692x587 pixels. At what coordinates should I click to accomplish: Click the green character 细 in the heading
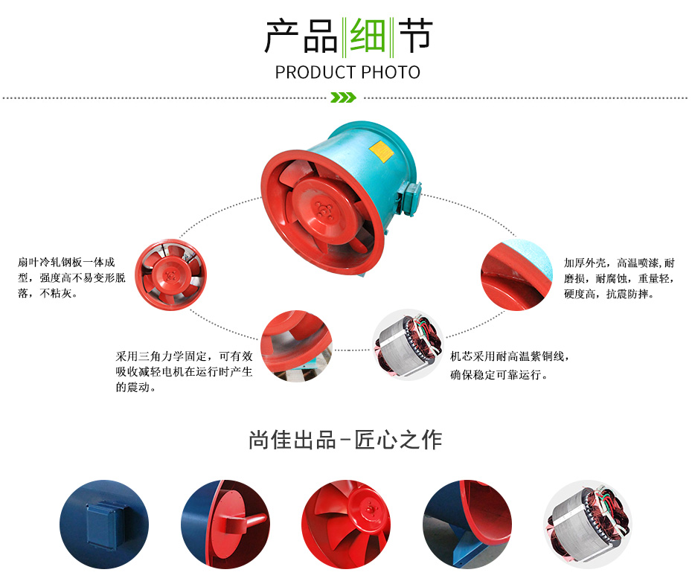(x=367, y=36)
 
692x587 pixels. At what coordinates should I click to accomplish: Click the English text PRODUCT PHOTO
(x=347, y=72)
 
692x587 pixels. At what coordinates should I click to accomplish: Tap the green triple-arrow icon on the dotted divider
(x=343, y=97)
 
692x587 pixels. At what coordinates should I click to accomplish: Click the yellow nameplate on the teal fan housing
(x=381, y=151)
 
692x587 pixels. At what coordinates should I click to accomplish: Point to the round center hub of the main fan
(x=325, y=211)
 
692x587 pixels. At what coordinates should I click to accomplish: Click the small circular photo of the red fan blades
(x=170, y=275)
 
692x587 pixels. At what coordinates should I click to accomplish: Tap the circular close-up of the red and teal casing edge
(x=516, y=275)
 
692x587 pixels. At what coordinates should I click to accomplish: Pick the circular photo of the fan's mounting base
(x=296, y=346)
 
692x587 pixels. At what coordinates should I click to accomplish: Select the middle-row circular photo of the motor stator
(x=408, y=344)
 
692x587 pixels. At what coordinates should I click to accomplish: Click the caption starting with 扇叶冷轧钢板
(x=71, y=278)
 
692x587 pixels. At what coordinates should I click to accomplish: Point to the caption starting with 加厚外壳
(x=619, y=278)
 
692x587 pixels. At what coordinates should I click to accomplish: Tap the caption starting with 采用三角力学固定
(x=184, y=371)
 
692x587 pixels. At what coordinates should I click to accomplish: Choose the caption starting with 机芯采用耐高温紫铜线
(x=509, y=365)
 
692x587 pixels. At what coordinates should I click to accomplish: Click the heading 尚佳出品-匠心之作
(x=345, y=440)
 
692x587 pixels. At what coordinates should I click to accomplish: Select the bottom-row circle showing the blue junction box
(x=104, y=525)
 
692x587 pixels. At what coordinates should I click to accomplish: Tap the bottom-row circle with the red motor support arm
(x=225, y=525)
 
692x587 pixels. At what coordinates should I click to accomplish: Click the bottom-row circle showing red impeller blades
(x=346, y=525)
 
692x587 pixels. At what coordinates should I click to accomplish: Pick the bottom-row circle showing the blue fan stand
(x=467, y=525)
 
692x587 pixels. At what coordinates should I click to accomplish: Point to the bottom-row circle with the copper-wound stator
(x=588, y=525)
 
